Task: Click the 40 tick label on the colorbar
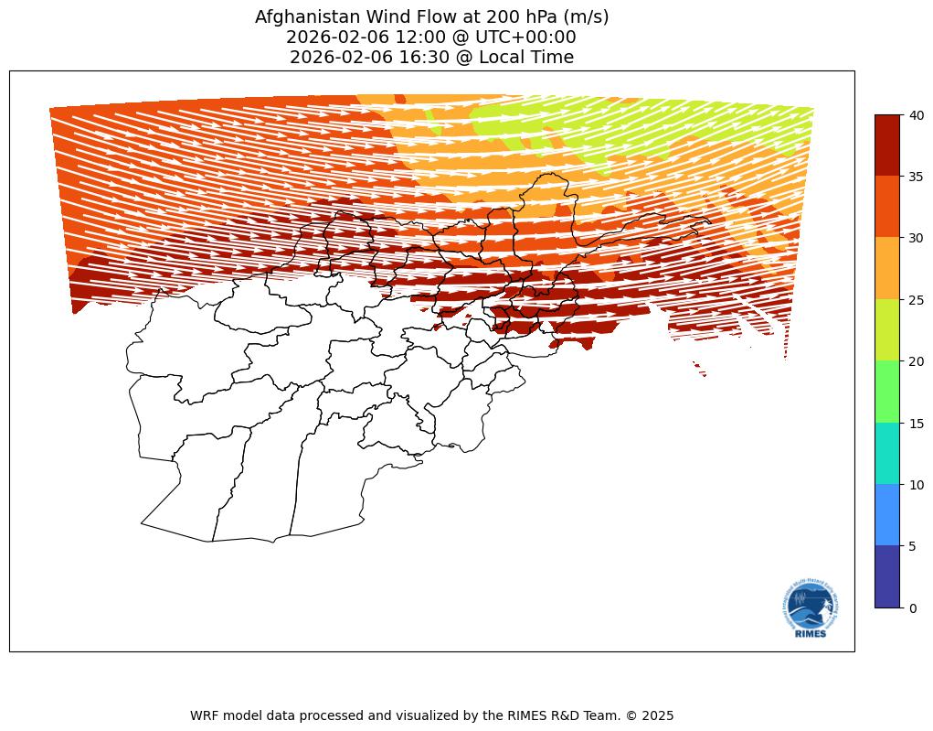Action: click(916, 114)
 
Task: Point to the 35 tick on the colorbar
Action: click(916, 177)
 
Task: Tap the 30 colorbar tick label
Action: click(916, 238)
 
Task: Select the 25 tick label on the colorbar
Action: click(916, 300)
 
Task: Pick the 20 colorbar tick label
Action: click(916, 361)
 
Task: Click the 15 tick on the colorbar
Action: click(916, 423)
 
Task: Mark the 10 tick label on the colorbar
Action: click(916, 485)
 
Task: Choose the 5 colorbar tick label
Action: click(912, 546)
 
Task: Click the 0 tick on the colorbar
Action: click(912, 607)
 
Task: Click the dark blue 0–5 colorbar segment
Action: click(888, 577)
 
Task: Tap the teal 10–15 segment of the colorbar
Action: click(888, 454)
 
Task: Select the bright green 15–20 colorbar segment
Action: click(888, 392)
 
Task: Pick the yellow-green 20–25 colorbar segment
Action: click(888, 330)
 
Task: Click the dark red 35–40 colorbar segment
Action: click(888, 145)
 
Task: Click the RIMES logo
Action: click(811, 609)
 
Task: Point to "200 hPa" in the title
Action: click(509, 16)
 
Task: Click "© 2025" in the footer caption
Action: click(649, 715)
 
